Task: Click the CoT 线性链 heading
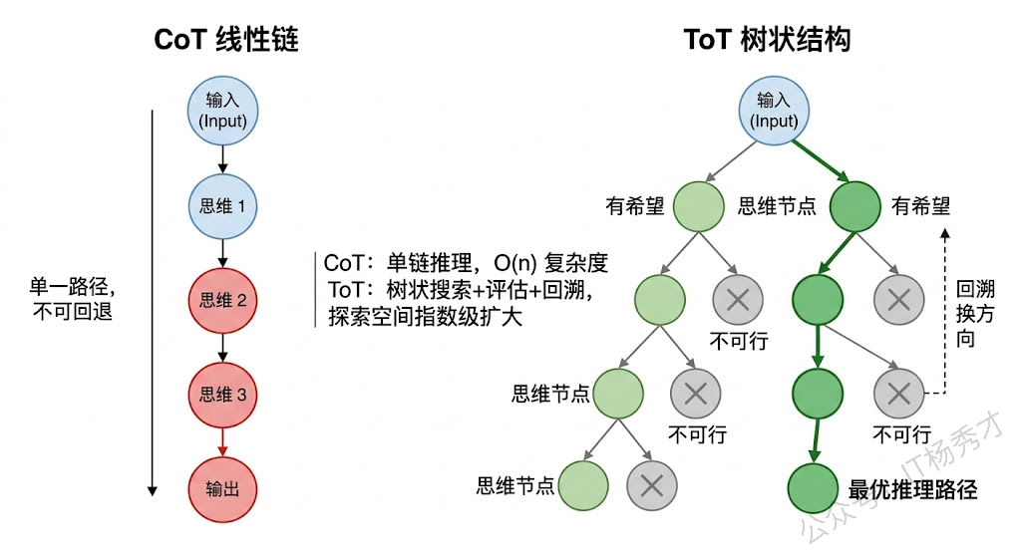click(226, 40)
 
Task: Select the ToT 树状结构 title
click(767, 40)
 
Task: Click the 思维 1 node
click(222, 206)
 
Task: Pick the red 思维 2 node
click(222, 299)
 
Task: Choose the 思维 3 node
click(222, 395)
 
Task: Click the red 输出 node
click(222, 488)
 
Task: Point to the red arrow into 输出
click(222, 441)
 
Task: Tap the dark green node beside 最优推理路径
click(813, 488)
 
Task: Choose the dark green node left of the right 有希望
click(854, 206)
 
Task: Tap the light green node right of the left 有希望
click(698, 206)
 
